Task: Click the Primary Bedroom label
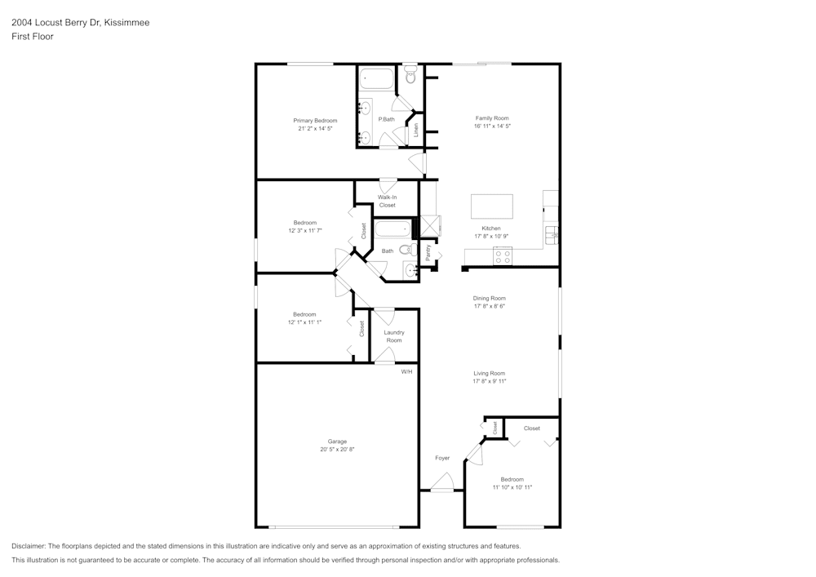pyautogui.click(x=315, y=121)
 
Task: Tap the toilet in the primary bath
pyautogui.click(x=410, y=75)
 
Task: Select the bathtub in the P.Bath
pyautogui.click(x=377, y=79)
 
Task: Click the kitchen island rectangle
pyautogui.click(x=491, y=206)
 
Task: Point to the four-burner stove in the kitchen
pyautogui.click(x=502, y=258)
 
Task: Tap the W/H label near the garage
pyautogui.click(x=406, y=371)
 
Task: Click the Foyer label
pyautogui.click(x=442, y=458)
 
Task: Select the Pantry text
pyautogui.click(x=428, y=252)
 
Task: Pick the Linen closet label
pyautogui.click(x=415, y=129)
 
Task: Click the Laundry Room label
pyautogui.click(x=394, y=336)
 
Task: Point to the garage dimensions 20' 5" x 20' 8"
pyautogui.click(x=337, y=450)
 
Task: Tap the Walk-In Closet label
pyautogui.click(x=387, y=201)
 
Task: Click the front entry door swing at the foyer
pyautogui.click(x=441, y=482)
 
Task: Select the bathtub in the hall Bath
pyautogui.click(x=392, y=229)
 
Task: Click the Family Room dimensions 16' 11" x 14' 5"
pyautogui.click(x=492, y=126)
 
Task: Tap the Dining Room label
pyautogui.click(x=489, y=299)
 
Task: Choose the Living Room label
pyautogui.click(x=489, y=373)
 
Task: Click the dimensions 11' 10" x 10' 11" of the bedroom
pyautogui.click(x=512, y=487)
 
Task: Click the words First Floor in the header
pyautogui.click(x=33, y=37)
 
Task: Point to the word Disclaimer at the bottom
pyautogui.click(x=29, y=546)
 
